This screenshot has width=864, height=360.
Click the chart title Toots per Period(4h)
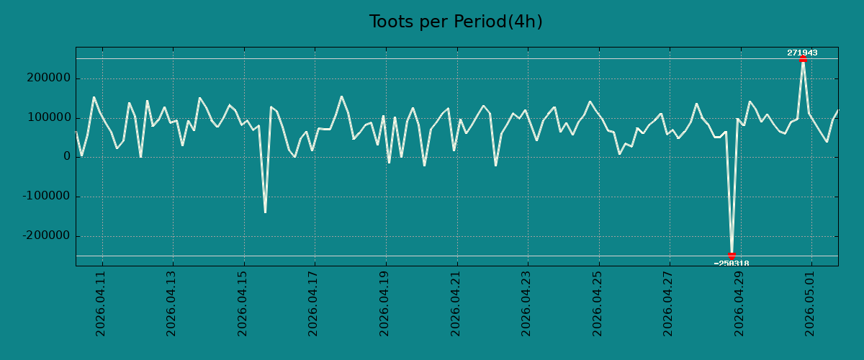456,22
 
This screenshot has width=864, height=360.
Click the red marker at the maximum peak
803,58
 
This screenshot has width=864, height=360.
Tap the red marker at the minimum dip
732,256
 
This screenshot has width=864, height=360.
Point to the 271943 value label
802,53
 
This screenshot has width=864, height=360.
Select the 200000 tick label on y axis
49,78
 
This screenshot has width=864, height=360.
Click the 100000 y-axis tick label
49,117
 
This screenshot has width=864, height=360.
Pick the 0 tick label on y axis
67,156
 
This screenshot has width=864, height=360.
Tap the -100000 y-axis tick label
47,196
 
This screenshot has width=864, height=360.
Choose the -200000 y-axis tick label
47,235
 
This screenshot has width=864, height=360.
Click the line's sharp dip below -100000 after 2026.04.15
265,212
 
